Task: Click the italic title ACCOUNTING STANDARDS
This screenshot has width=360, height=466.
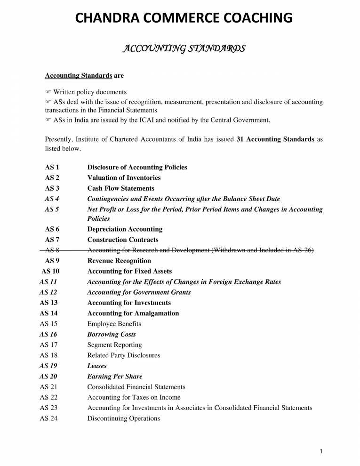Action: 184,48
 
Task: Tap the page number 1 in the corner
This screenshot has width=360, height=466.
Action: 320,452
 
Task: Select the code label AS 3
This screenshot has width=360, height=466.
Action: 52,188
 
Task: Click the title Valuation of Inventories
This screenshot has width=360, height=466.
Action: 124,178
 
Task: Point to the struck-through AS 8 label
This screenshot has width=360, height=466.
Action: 52,250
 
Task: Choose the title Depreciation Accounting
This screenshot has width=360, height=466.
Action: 125,229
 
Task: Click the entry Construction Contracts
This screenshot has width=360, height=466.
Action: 123,240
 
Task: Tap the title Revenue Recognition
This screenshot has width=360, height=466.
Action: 119,261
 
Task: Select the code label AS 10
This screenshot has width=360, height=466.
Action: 50,271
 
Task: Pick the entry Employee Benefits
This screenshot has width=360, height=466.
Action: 114,324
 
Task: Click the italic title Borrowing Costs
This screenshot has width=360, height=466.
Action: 112,334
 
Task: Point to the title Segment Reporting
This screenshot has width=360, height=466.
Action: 114,345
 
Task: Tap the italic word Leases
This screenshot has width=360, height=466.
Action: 97,366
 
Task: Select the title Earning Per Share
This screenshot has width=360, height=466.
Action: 115,377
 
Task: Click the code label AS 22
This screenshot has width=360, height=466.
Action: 48,397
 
